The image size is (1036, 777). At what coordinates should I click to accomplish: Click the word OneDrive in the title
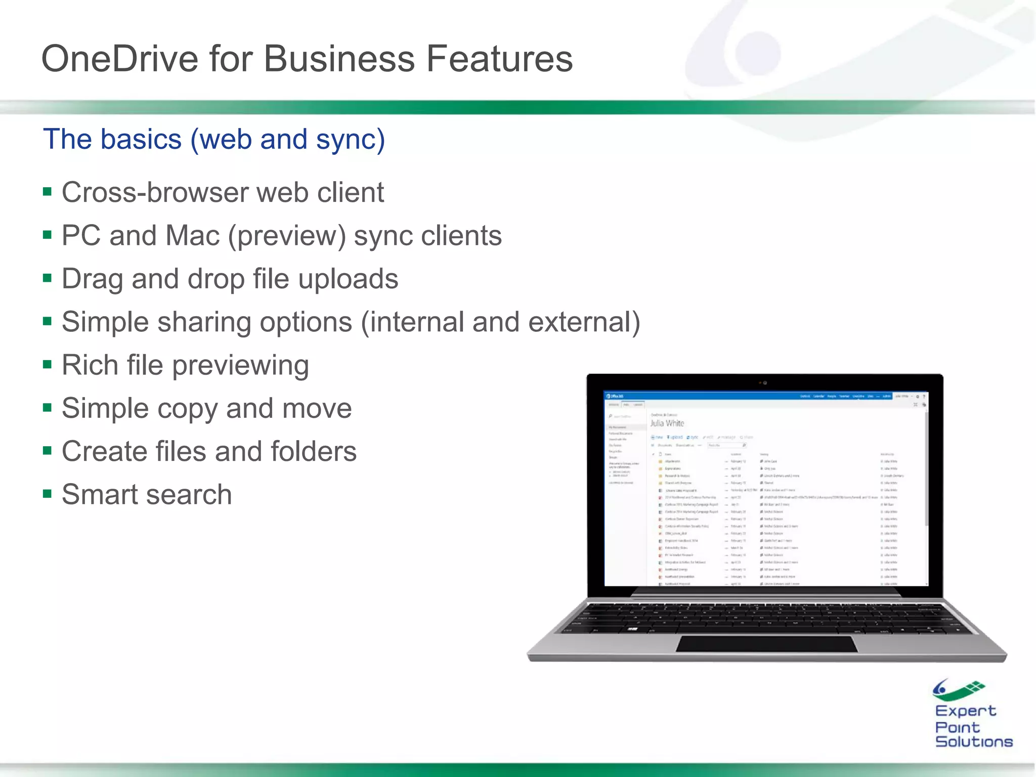(x=119, y=59)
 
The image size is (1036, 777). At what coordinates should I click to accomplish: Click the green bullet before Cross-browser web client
(x=48, y=192)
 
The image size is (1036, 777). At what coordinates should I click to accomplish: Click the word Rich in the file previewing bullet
(x=90, y=365)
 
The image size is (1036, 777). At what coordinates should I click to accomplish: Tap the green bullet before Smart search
(x=48, y=494)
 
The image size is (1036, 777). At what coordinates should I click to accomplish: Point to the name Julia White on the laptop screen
(x=667, y=423)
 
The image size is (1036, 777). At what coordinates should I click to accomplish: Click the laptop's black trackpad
(x=766, y=644)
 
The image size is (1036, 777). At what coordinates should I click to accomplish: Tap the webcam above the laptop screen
(x=765, y=383)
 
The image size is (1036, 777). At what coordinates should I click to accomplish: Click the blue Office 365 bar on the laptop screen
(x=708, y=396)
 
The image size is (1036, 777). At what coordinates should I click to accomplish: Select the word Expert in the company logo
(x=965, y=711)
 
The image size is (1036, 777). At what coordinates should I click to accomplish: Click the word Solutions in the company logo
(x=974, y=742)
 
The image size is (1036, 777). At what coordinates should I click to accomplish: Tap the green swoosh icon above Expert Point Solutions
(x=958, y=689)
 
